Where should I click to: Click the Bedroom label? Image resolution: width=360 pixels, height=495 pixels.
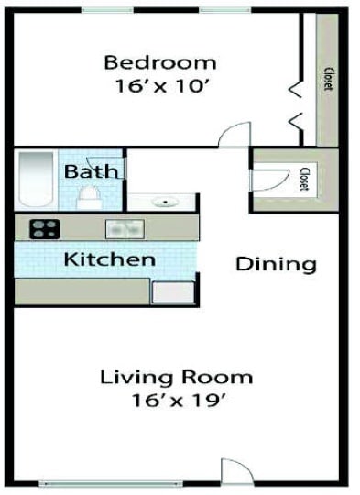tap(160, 62)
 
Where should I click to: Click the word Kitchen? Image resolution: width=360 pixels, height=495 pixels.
tap(109, 259)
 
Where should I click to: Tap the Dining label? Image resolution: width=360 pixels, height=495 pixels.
tap(276, 265)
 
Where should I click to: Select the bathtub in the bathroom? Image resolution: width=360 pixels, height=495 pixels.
tap(37, 181)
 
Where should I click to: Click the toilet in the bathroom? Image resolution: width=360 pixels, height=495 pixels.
tap(89, 196)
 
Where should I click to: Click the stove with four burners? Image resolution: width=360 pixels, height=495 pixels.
tap(44, 228)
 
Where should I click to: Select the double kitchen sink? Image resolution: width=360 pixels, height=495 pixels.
tap(124, 229)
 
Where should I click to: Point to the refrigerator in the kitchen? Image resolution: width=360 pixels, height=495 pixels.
tap(171, 291)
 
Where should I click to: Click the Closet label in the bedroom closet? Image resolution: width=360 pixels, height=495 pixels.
tap(327, 81)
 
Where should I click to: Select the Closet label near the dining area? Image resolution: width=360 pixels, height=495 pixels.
tap(303, 178)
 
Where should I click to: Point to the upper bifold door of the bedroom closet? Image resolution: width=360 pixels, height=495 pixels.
tap(297, 87)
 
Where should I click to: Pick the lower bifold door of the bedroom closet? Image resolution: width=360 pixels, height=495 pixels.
tap(297, 120)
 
